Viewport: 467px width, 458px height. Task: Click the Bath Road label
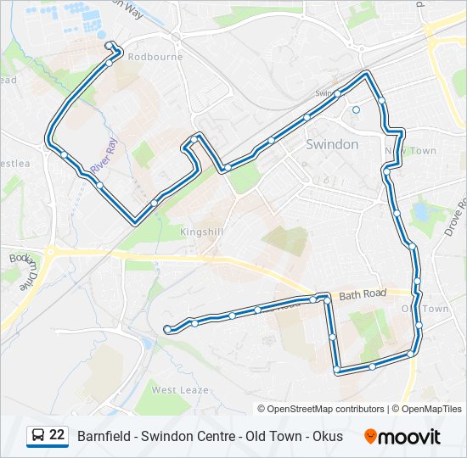click(x=363, y=294)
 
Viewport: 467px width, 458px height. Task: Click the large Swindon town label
click(x=331, y=144)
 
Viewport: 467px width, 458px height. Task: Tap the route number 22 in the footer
click(x=57, y=435)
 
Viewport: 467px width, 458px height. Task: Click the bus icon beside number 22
click(x=37, y=436)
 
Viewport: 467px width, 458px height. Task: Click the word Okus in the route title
click(x=327, y=436)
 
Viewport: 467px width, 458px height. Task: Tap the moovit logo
click(x=402, y=436)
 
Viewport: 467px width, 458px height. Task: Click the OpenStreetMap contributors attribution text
click(x=326, y=409)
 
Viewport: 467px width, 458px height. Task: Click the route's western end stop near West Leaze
click(x=168, y=328)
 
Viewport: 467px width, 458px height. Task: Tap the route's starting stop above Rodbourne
click(x=108, y=45)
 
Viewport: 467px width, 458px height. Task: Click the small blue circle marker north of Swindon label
click(x=357, y=109)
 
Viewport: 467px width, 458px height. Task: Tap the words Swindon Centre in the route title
click(x=188, y=436)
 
